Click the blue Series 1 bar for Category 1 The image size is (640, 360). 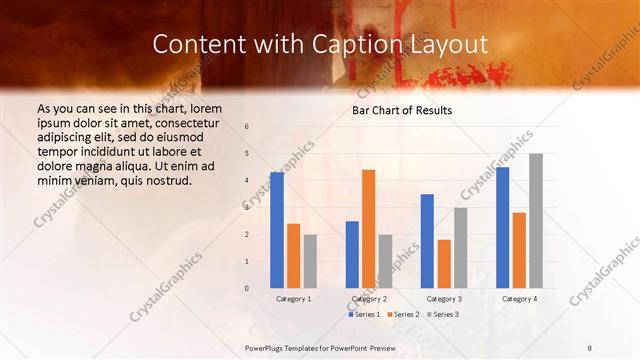click(x=277, y=230)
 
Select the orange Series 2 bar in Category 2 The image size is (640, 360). click(x=369, y=229)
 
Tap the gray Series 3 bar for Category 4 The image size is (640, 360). click(x=536, y=221)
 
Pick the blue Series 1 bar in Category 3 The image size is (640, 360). click(x=427, y=241)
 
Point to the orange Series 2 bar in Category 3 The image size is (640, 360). click(x=444, y=264)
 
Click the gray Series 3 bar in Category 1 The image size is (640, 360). click(x=310, y=262)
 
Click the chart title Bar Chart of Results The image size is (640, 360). click(x=402, y=110)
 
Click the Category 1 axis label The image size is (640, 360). click(x=293, y=298)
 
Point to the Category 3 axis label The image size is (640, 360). click(x=444, y=298)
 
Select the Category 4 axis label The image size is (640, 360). click(x=519, y=298)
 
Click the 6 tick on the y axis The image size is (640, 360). click(x=247, y=127)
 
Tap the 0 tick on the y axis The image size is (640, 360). click(x=247, y=288)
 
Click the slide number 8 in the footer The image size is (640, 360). click(x=591, y=346)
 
